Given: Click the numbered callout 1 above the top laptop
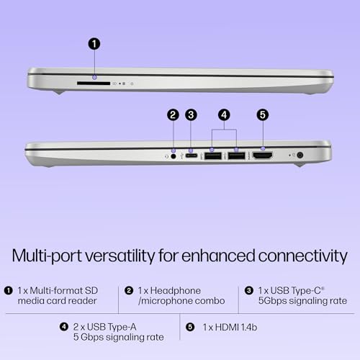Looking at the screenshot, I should coord(94,44).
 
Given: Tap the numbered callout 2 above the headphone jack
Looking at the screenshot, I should coord(173,114).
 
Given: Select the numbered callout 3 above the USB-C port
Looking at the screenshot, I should coord(191,114).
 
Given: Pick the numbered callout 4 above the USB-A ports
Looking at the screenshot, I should coord(224,114).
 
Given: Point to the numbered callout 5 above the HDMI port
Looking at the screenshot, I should coord(263,114).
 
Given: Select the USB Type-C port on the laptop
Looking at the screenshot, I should coord(192,155).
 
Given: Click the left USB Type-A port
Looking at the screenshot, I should coord(212,155).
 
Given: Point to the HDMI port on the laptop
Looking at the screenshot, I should coord(262,155).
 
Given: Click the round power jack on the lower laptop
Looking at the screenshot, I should coord(300,155).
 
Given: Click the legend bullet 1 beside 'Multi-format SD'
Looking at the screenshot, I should coord(8,290).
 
